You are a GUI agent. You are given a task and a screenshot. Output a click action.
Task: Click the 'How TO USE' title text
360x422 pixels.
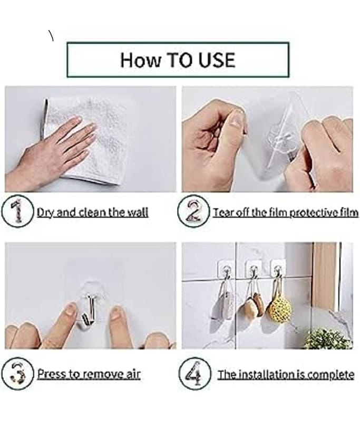178,60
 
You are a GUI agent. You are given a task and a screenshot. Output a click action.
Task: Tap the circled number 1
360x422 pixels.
18,212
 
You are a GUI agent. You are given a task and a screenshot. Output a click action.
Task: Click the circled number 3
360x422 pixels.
18,374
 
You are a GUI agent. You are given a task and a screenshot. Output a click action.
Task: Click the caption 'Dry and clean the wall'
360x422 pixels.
92,213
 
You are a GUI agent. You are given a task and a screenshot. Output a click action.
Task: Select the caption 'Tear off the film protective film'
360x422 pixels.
285,213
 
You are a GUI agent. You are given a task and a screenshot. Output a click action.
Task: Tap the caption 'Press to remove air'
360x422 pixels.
89,375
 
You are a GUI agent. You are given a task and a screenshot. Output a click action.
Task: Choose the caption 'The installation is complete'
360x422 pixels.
286,375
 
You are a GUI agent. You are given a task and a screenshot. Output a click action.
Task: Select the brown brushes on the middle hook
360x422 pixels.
251,305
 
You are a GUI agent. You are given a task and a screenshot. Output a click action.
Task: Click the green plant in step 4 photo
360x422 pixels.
327,338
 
